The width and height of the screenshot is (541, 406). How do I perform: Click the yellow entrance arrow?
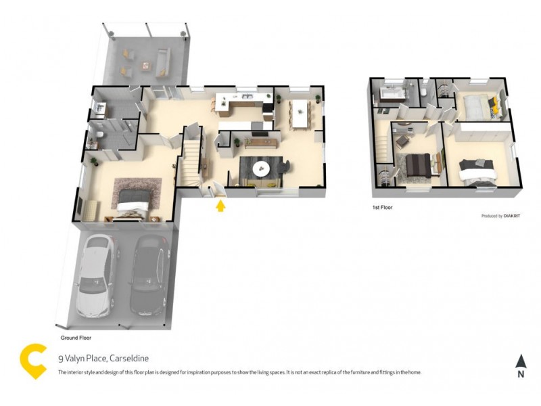220,204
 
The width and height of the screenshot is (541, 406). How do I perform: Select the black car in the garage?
147,277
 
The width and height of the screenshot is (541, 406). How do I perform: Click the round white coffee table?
259,167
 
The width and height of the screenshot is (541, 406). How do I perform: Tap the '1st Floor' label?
382,208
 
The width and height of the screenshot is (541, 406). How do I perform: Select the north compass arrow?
520,362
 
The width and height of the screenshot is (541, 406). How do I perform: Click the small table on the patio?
145,65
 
